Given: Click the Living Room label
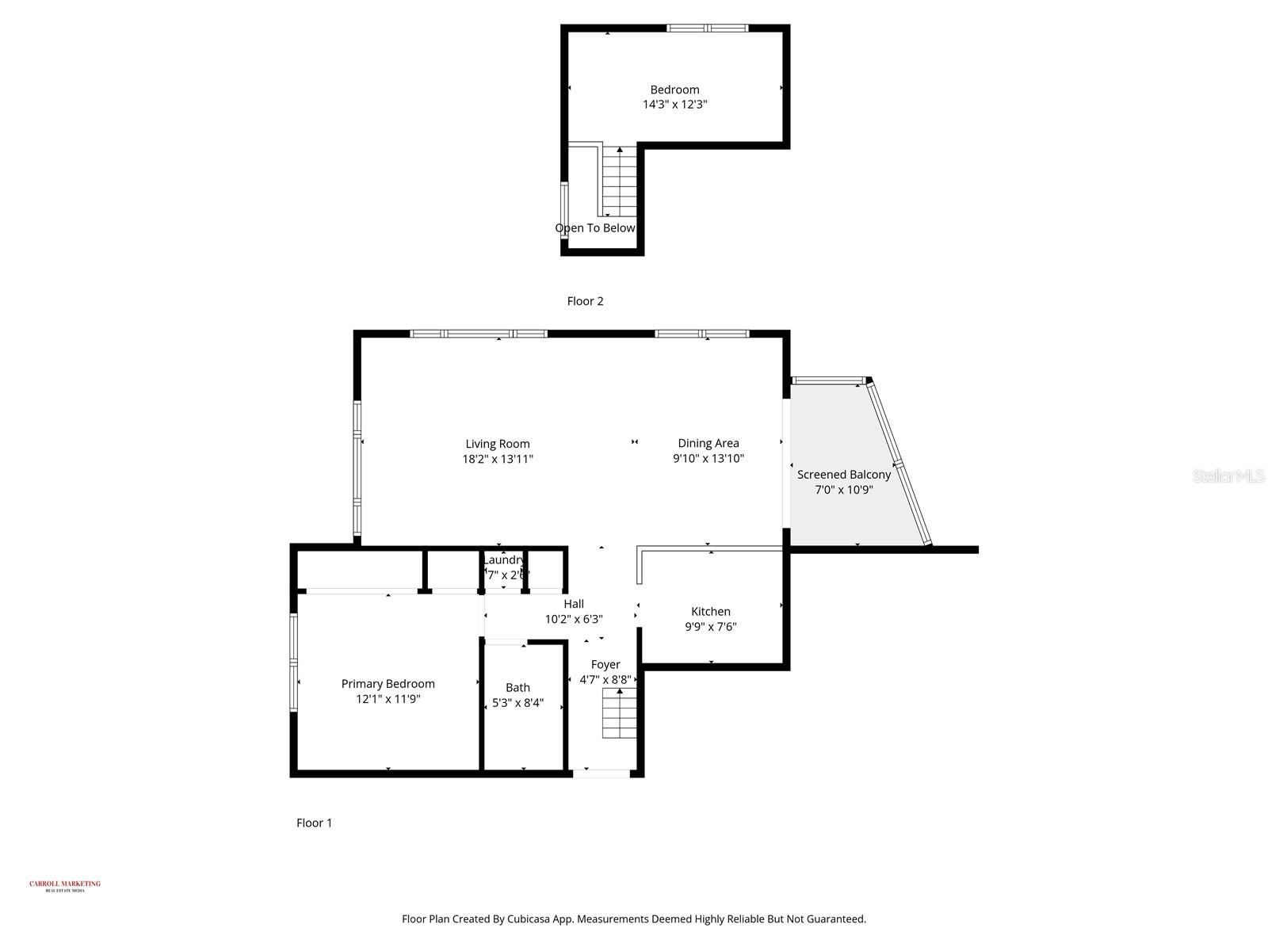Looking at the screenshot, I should [x=497, y=444].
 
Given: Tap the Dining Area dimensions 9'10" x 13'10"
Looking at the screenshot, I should [x=708, y=458].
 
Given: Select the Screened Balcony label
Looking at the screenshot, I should [x=843, y=475].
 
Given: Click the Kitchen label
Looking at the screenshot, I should [x=710, y=611].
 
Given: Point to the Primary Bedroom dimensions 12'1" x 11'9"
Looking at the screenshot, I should [x=388, y=699].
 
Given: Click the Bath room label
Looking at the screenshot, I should [x=518, y=687].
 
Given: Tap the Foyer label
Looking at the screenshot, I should [x=605, y=664].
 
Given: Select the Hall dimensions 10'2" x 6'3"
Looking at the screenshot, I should [x=574, y=619].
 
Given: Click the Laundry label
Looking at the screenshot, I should [x=503, y=560].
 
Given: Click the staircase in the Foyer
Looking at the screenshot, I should [x=620, y=713].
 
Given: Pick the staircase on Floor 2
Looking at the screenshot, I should [x=620, y=182].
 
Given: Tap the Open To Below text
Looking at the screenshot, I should [x=594, y=228].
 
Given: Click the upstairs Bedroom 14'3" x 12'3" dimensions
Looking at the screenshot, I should [x=674, y=104].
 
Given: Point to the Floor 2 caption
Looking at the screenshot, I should [x=585, y=301].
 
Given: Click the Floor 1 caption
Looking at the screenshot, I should [x=314, y=823].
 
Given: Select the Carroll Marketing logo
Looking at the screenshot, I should [x=65, y=885].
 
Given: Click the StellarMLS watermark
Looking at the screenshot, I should [x=1228, y=475].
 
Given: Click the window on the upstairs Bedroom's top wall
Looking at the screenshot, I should [x=707, y=29].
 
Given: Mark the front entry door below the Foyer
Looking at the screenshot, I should [x=602, y=773].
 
